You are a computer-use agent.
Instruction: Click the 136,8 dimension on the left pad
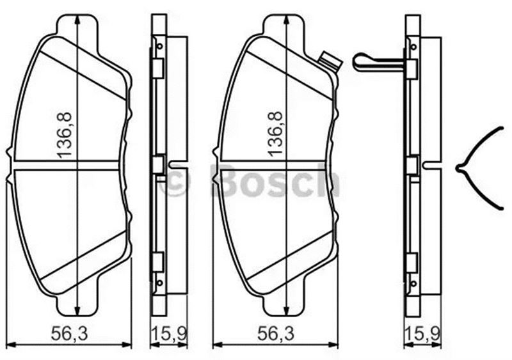(65, 135)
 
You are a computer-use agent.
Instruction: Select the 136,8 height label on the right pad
(275, 134)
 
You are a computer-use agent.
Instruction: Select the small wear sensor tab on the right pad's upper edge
(330, 61)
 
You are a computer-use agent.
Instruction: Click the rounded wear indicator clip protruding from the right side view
(379, 61)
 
